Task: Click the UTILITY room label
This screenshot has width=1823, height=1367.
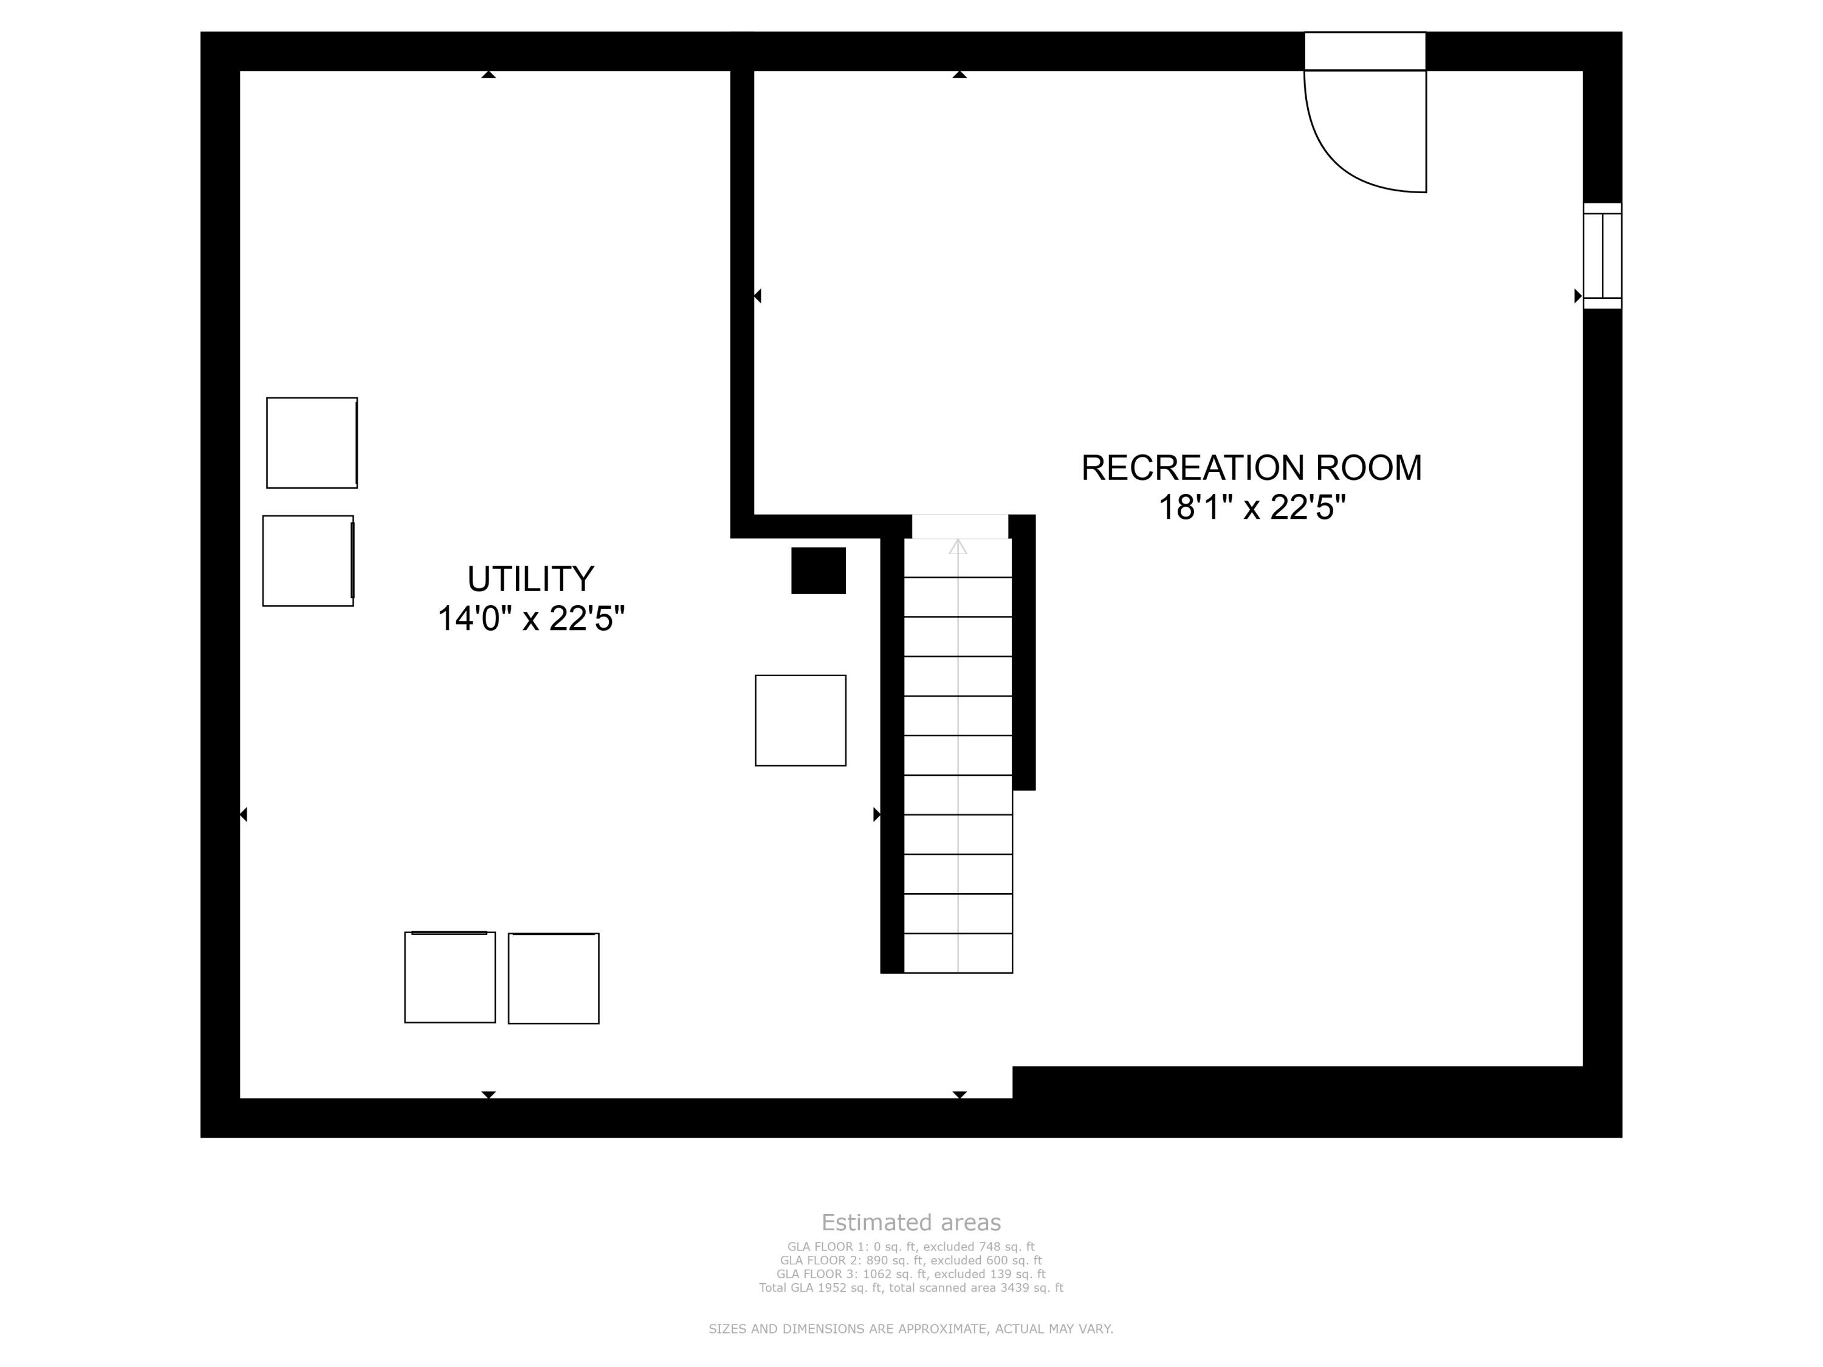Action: click(x=530, y=578)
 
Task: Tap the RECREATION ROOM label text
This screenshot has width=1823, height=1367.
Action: click(x=1251, y=468)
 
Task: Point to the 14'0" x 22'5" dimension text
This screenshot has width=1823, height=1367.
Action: click(x=530, y=619)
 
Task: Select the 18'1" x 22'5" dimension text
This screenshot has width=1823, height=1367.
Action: click(x=1252, y=507)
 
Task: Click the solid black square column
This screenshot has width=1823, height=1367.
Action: click(x=819, y=570)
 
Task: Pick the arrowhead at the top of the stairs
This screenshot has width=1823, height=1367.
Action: click(x=958, y=546)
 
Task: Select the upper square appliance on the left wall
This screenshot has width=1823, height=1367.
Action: click(x=312, y=442)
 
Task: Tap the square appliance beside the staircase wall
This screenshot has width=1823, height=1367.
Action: click(x=800, y=720)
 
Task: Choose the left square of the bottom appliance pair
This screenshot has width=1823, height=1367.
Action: click(x=450, y=977)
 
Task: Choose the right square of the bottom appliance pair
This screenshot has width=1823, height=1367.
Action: click(x=554, y=978)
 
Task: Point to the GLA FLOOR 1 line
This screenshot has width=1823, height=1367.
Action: click(x=911, y=1247)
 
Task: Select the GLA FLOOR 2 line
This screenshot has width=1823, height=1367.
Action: click(x=911, y=1260)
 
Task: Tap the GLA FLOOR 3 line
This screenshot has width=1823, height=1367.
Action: click(x=911, y=1274)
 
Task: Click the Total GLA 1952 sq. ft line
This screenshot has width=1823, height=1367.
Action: click(x=911, y=1287)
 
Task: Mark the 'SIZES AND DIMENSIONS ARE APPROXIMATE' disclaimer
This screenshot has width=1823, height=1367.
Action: click(x=911, y=1328)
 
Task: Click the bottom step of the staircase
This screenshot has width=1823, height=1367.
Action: click(x=958, y=953)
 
